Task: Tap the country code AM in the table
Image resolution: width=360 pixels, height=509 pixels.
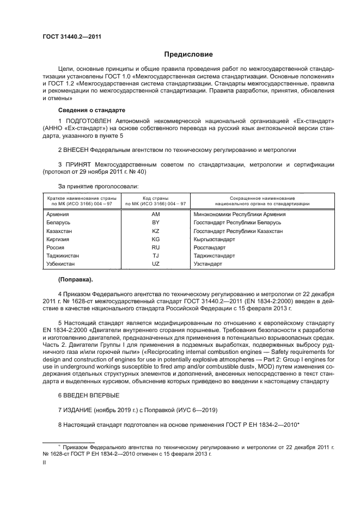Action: tap(155, 214)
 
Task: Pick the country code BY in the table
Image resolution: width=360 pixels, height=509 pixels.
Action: tap(155, 223)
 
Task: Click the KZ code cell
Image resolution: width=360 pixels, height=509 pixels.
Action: tap(155, 231)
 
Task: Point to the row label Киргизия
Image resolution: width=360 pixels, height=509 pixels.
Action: tap(60, 239)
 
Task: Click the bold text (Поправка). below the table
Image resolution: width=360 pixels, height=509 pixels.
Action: tap(76, 280)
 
